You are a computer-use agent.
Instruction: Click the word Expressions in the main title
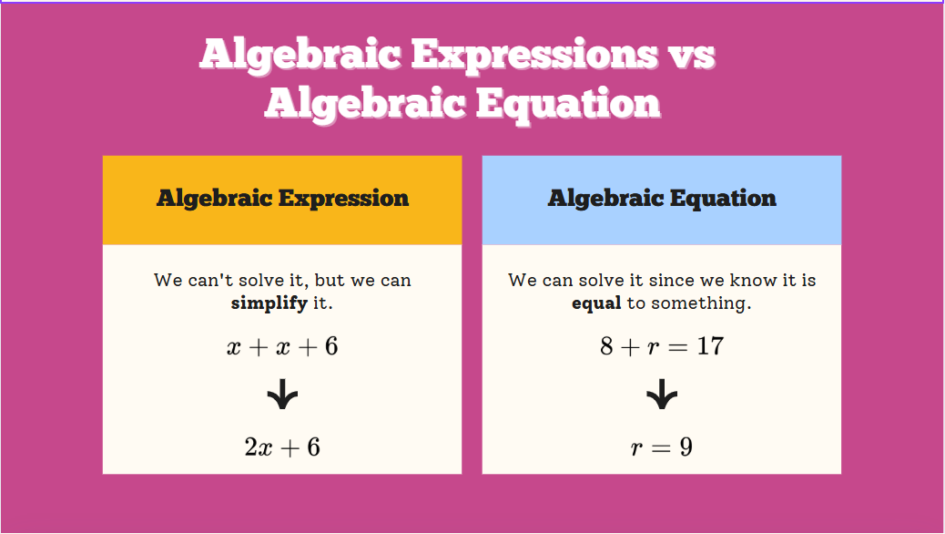[x=534, y=56]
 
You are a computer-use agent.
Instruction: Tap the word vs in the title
[x=691, y=56]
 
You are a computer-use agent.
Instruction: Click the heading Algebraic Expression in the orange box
[x=282, y=199]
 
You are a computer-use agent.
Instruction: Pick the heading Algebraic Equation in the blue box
[x=662, y=199]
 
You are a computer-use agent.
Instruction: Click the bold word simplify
[x=269, y=303]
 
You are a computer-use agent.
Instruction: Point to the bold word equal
[x=596, y=303]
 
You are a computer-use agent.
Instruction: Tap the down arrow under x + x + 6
[x=282, y=395]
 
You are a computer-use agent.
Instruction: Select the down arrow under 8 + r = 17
[x=662, y=395]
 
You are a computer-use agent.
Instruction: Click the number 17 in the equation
[x=710, y=346]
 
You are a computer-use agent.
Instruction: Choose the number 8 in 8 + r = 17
[x=606, y=346]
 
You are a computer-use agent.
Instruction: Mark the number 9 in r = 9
[x=686, y=447]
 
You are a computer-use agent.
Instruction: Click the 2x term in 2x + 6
[x=258, y=447]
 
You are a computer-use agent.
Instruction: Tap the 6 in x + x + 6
[x=331, y=346]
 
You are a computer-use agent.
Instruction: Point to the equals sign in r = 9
[x=661, y=447]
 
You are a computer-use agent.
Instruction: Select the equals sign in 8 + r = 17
[x=678, y=347]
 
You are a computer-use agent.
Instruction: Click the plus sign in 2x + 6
[x=290, y=447]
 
